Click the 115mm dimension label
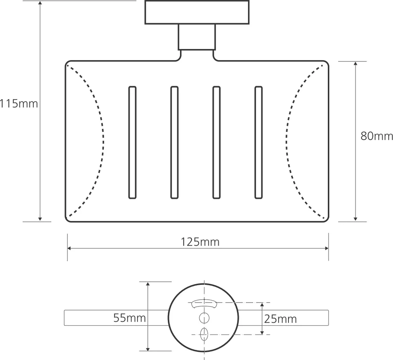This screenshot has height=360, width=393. click(19, 103)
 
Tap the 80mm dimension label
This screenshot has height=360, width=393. click(377, 136)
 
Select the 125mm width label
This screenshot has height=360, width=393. click(200, 242)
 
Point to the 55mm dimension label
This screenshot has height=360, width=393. click(129, 318)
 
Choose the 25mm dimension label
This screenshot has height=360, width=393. click(280, 319)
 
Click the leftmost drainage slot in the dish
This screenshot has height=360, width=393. click(132, 142)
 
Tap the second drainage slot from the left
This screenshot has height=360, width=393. click(174, 142)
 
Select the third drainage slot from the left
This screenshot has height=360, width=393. click(217, 142)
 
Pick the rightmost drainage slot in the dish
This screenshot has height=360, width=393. click(259, 142)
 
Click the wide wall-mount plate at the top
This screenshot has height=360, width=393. click(197, 12)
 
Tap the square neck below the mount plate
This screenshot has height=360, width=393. click(197, 37)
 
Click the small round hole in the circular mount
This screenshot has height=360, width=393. click(204, 318)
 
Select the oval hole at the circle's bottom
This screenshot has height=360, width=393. click(204, 334)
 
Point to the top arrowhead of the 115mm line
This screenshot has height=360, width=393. click(40, 3)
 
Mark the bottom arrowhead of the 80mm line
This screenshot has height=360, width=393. click(355, 219)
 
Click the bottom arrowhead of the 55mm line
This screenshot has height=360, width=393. click(148, 349)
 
